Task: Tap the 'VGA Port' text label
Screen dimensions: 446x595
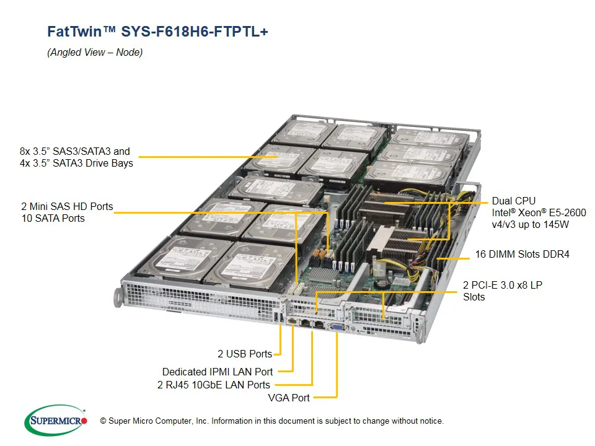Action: click(x=288, y=397)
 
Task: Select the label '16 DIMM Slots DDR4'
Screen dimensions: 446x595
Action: click(x=522, y=254)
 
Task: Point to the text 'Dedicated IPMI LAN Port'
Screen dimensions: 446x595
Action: click(x=217, y=372)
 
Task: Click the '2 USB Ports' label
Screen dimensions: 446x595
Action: click(x=244, y=354)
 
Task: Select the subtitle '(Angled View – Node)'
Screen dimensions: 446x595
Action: click(x=95, y=53)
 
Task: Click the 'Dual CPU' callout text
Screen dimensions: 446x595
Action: click(x=513, y=201)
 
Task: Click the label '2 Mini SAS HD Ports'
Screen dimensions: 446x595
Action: click(x=67, y=206)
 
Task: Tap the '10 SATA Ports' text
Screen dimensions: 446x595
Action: click(x=53, y=218)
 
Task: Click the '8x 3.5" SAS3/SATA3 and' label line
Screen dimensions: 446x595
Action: click(x=75, y=151)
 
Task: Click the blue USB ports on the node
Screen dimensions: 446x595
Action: click(x=278, y=318)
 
